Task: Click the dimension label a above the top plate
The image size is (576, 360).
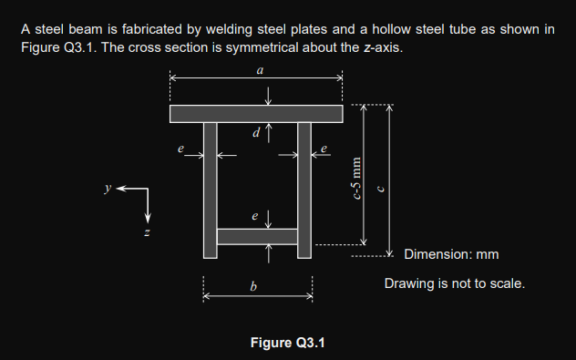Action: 260,70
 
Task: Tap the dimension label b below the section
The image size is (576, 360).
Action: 253,286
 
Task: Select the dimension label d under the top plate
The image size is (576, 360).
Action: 256,132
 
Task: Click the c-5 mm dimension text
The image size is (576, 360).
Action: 356,178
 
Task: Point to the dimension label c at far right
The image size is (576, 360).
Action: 381,189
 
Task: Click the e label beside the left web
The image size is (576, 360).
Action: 180,149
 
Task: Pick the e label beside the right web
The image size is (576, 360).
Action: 324,149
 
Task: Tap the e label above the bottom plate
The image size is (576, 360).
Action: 255,216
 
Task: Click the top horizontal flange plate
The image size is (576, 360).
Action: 256,114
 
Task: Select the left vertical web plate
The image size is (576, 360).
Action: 211,190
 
